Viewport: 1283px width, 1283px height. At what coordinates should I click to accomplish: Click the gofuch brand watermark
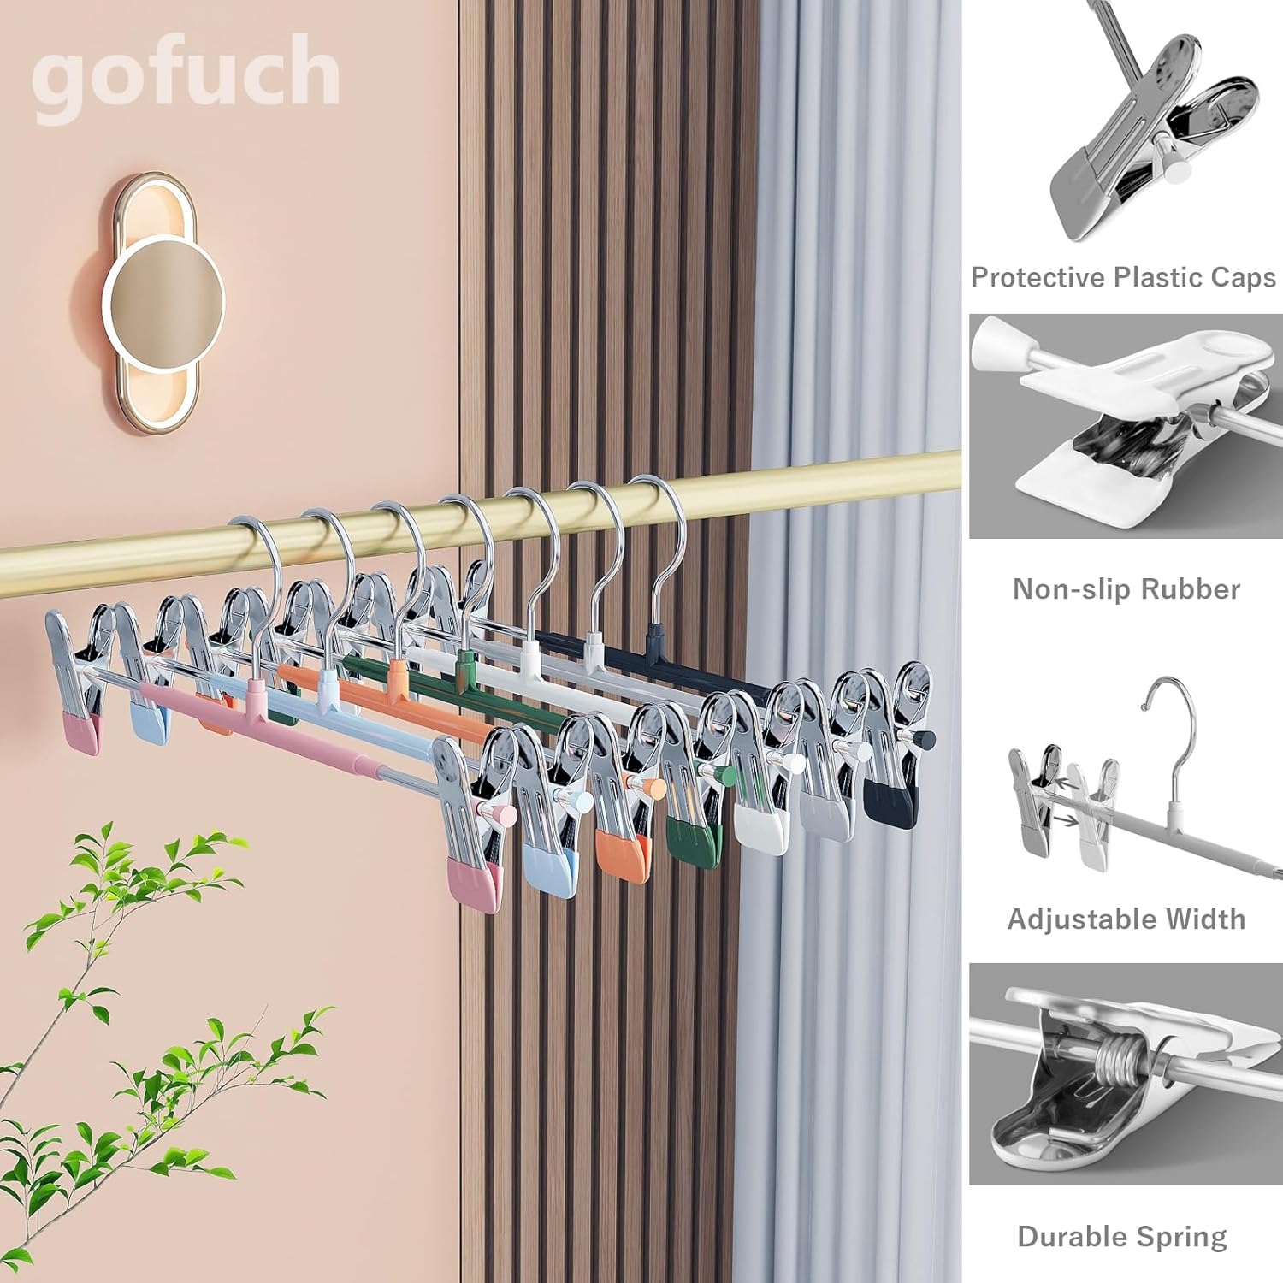click(x=186, y=74)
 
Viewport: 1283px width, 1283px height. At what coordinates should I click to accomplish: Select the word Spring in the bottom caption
click(x=1185, y=1237)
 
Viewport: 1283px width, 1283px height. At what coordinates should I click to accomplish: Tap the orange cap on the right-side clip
click(x=621, y=851)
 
